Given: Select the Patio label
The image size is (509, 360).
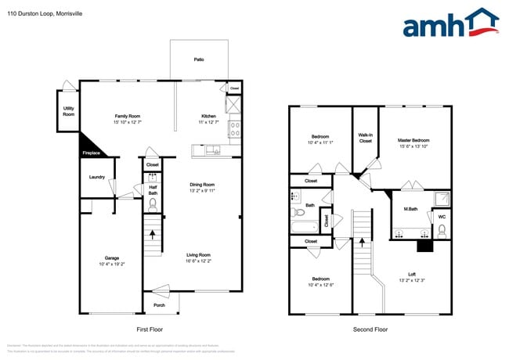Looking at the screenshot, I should pos(200,59).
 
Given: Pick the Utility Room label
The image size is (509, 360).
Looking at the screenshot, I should pos(69,112).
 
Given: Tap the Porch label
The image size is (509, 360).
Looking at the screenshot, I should pos(159,304).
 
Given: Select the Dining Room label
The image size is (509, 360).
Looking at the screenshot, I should pos(201,184).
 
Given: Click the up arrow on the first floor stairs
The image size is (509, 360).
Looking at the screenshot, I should pos(153,232).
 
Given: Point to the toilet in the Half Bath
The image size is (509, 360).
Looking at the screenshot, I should pos(153,204).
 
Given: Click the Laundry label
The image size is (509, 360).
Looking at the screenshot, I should pos(97,177).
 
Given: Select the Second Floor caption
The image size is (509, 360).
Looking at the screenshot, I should pos(370,329).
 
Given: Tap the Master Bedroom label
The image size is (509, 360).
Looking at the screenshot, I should pos(414,140).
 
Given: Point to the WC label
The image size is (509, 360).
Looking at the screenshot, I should pos(442,217).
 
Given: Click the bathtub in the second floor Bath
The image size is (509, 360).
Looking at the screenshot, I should pos(302,229).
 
